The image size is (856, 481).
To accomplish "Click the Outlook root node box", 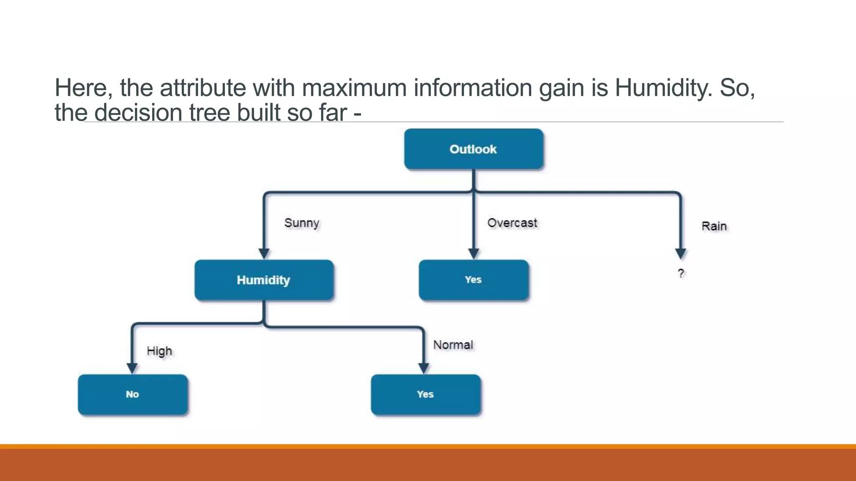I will point(474,149).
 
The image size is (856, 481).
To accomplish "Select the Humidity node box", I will point(264,280).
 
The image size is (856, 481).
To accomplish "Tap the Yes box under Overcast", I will point(474,280).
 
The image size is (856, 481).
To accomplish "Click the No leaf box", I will point(132,394).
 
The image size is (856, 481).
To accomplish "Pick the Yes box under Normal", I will point(425,394).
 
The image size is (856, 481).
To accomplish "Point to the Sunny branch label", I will point(301,223).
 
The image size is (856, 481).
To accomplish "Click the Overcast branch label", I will point(512,223).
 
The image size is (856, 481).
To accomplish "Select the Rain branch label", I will point(714,226).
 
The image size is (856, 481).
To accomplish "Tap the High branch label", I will point(159,351).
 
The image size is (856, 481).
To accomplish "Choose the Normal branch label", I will point(453,345).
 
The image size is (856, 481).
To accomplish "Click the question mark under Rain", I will point(681,273).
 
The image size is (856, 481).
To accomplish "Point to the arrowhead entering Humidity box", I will point(264,253).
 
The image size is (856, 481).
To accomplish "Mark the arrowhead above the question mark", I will point(681,253).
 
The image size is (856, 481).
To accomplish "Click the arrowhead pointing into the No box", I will point(132,368).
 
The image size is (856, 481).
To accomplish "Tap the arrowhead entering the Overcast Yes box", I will point(474,253).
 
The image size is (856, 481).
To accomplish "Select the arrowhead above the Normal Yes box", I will point(424,368).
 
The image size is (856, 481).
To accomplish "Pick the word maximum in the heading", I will point(354,88).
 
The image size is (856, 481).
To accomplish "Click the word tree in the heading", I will point(209,113).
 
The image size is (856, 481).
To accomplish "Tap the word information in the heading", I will point(473,88).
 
